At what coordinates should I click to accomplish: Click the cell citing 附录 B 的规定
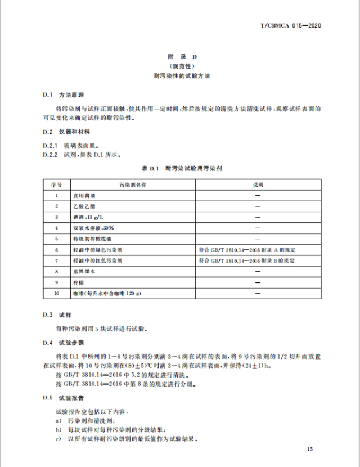click(247, 261)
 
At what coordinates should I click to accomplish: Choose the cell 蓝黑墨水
click(82, 271)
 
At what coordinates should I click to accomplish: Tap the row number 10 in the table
click(56, 293)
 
